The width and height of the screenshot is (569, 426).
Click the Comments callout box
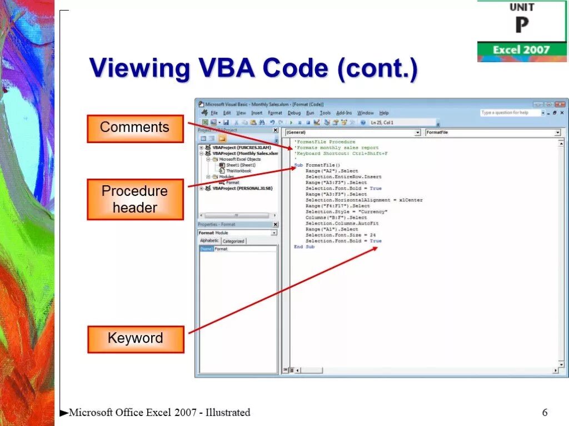click(135, 128)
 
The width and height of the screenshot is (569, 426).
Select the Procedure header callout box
click(135, 199)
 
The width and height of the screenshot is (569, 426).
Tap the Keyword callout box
click(135, 339)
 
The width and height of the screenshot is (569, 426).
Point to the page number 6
click(545, 412)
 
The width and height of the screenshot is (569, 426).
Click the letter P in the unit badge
click(522, 26)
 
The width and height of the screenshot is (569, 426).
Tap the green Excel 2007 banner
click(522, 50)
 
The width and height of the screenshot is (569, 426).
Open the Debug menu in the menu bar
click(294, 113)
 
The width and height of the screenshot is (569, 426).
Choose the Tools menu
click(325, 113)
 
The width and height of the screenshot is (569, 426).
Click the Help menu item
click(384, 113)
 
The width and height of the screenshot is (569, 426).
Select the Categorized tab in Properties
click(233, 241)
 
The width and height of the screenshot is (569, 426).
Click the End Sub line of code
click(304, 247)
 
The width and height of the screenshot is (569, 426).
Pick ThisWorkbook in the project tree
click(238, 171)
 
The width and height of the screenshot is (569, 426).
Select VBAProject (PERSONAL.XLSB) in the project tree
click(239, 188)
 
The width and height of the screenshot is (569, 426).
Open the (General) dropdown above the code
click(353, 133)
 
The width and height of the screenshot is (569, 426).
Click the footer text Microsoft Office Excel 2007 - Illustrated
click(159, 412)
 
